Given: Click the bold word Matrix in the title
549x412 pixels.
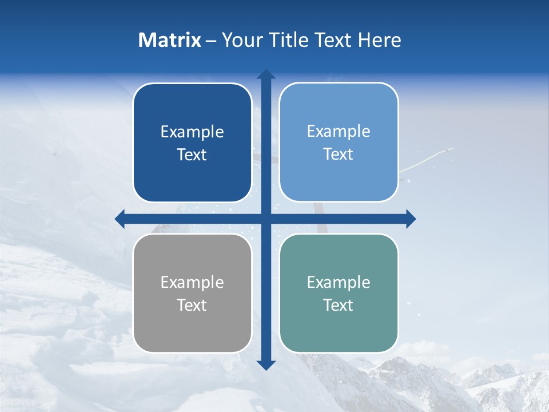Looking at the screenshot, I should (x=170, y=40).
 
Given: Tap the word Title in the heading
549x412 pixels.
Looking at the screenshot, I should (x=289, y=40).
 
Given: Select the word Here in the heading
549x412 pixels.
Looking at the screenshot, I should (x=379, y=40).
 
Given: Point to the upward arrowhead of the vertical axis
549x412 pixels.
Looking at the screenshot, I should (x=266, y=74).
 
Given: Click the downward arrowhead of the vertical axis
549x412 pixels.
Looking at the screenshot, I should (x=266, y=365).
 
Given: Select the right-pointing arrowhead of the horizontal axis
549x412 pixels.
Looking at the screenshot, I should (x=411, y=219).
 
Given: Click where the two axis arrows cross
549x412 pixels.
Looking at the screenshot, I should (x=266, y=219).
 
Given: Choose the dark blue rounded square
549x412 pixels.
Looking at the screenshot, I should (x=192, y=172).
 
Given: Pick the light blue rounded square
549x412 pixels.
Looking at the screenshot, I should (x=339, y=172).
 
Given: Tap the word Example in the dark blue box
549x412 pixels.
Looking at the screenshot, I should (x=192, y=132).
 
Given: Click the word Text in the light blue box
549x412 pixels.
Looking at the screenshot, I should (x=339, y=154).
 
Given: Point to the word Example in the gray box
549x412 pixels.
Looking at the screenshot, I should (x=192, y=283).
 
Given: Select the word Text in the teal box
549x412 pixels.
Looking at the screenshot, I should (x=339, y=306).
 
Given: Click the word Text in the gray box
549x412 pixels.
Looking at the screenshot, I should (x=192, y=306).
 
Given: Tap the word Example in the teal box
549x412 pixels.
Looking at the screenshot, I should (x=339, y=283).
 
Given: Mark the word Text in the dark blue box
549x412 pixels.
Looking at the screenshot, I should (x=192, y=155).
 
